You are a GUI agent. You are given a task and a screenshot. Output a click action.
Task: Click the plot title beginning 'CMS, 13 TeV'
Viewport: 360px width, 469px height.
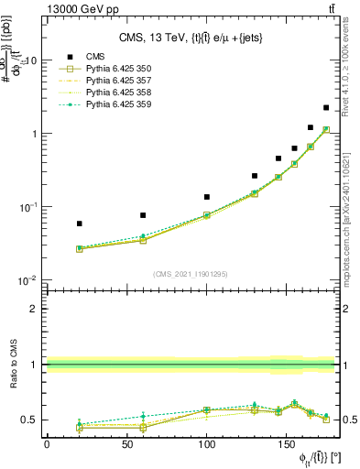[x=191, y=38]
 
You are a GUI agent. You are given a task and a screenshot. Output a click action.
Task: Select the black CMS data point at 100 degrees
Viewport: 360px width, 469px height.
[x=207, y=197]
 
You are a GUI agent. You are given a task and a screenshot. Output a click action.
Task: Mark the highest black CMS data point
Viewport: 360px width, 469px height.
[x=326, y=107]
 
